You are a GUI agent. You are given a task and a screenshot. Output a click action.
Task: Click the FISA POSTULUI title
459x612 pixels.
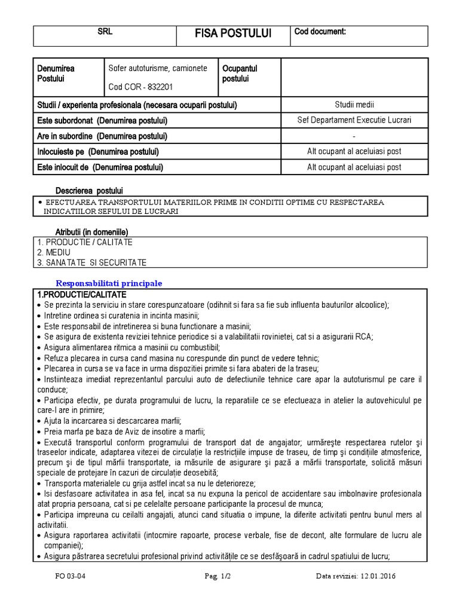[233, 33]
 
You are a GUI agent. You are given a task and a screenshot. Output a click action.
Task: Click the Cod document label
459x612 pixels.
[320, 32]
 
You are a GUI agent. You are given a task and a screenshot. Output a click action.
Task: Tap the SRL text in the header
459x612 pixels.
[105, 32]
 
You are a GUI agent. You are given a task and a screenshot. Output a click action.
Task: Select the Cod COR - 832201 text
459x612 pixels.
[140, 87]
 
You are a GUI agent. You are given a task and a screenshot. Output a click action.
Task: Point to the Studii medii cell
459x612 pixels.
[354, 105]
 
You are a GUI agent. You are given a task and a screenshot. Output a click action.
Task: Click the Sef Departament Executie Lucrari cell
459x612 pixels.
[354, 120]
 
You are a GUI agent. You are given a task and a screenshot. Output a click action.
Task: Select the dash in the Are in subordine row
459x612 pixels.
[354, 136]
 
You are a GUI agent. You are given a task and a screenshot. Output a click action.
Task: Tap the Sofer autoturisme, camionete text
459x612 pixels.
[158, 68]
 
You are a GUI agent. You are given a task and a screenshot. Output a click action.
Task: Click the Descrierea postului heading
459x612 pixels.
[89, 190]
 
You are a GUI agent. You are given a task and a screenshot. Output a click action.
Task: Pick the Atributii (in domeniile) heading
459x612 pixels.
[91, 231]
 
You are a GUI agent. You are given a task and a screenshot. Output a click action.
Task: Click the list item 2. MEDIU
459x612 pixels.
[54, 252]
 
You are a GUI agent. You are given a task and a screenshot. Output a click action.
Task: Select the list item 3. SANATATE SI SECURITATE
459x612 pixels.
[91, 262]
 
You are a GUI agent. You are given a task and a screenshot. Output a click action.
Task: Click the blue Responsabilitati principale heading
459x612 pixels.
[109, 283]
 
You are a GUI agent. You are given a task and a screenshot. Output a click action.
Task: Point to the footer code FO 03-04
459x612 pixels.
[67, 576]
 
